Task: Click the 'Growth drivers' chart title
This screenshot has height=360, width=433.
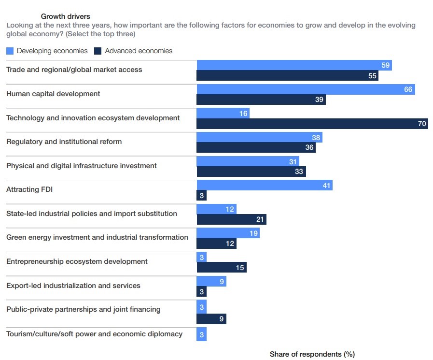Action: [x=65, y=16]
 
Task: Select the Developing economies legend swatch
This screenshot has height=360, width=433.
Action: [x=10, y=51]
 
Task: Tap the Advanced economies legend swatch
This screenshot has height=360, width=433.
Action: [x=98, y=51]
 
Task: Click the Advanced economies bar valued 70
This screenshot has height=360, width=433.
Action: [x=312, y=124]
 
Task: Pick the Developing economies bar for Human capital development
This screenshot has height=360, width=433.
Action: [x=306, y=89]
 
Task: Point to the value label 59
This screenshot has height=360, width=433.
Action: [x=385, y=65]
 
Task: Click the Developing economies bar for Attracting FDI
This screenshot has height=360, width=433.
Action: [x=265, y=185]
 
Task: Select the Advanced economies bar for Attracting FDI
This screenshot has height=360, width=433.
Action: [x=201, y=196]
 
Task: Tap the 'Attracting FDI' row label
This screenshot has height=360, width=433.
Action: [x=29, y=189]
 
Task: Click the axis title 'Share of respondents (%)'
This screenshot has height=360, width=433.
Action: [x=312, y=354]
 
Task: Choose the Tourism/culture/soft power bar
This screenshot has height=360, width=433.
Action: [x=201, y=334]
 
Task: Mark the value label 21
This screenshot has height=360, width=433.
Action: [x=260, y=220]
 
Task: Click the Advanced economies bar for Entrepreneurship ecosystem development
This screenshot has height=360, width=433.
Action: [x=222, y=268]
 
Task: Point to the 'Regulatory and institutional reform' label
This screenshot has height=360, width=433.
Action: [x=64, y=142]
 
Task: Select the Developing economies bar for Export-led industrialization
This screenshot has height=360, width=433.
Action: [x=211, y=281]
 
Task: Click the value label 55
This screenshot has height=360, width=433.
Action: [x=372, y=76]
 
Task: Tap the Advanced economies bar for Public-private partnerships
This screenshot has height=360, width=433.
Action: [x=211, y=319]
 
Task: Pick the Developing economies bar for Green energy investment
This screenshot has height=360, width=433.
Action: [x=228, y=233]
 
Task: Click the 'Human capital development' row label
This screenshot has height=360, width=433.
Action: [x=53, y=94]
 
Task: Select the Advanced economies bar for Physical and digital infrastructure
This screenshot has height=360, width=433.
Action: [x=251, y=172]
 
